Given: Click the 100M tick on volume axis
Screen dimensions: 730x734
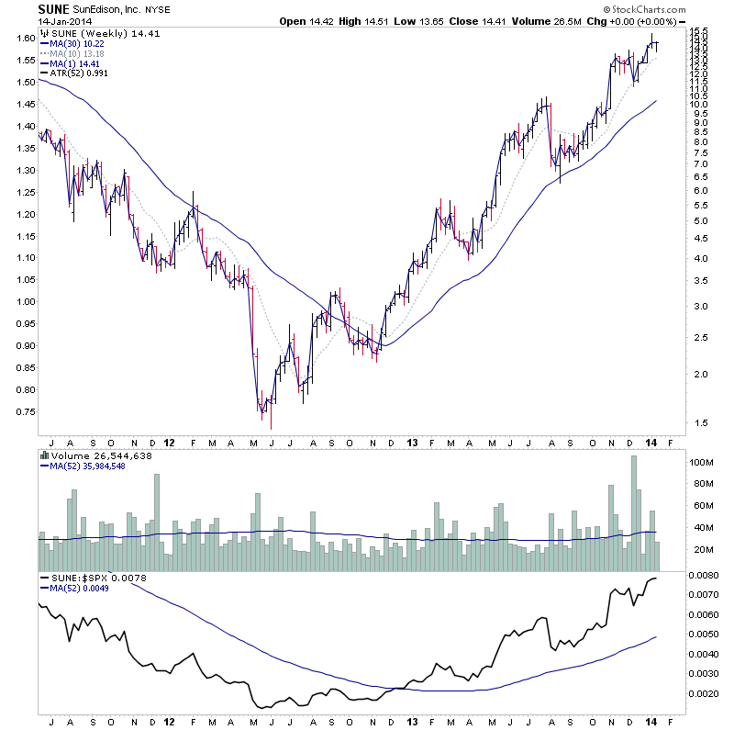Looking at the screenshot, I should click(703, 463).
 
